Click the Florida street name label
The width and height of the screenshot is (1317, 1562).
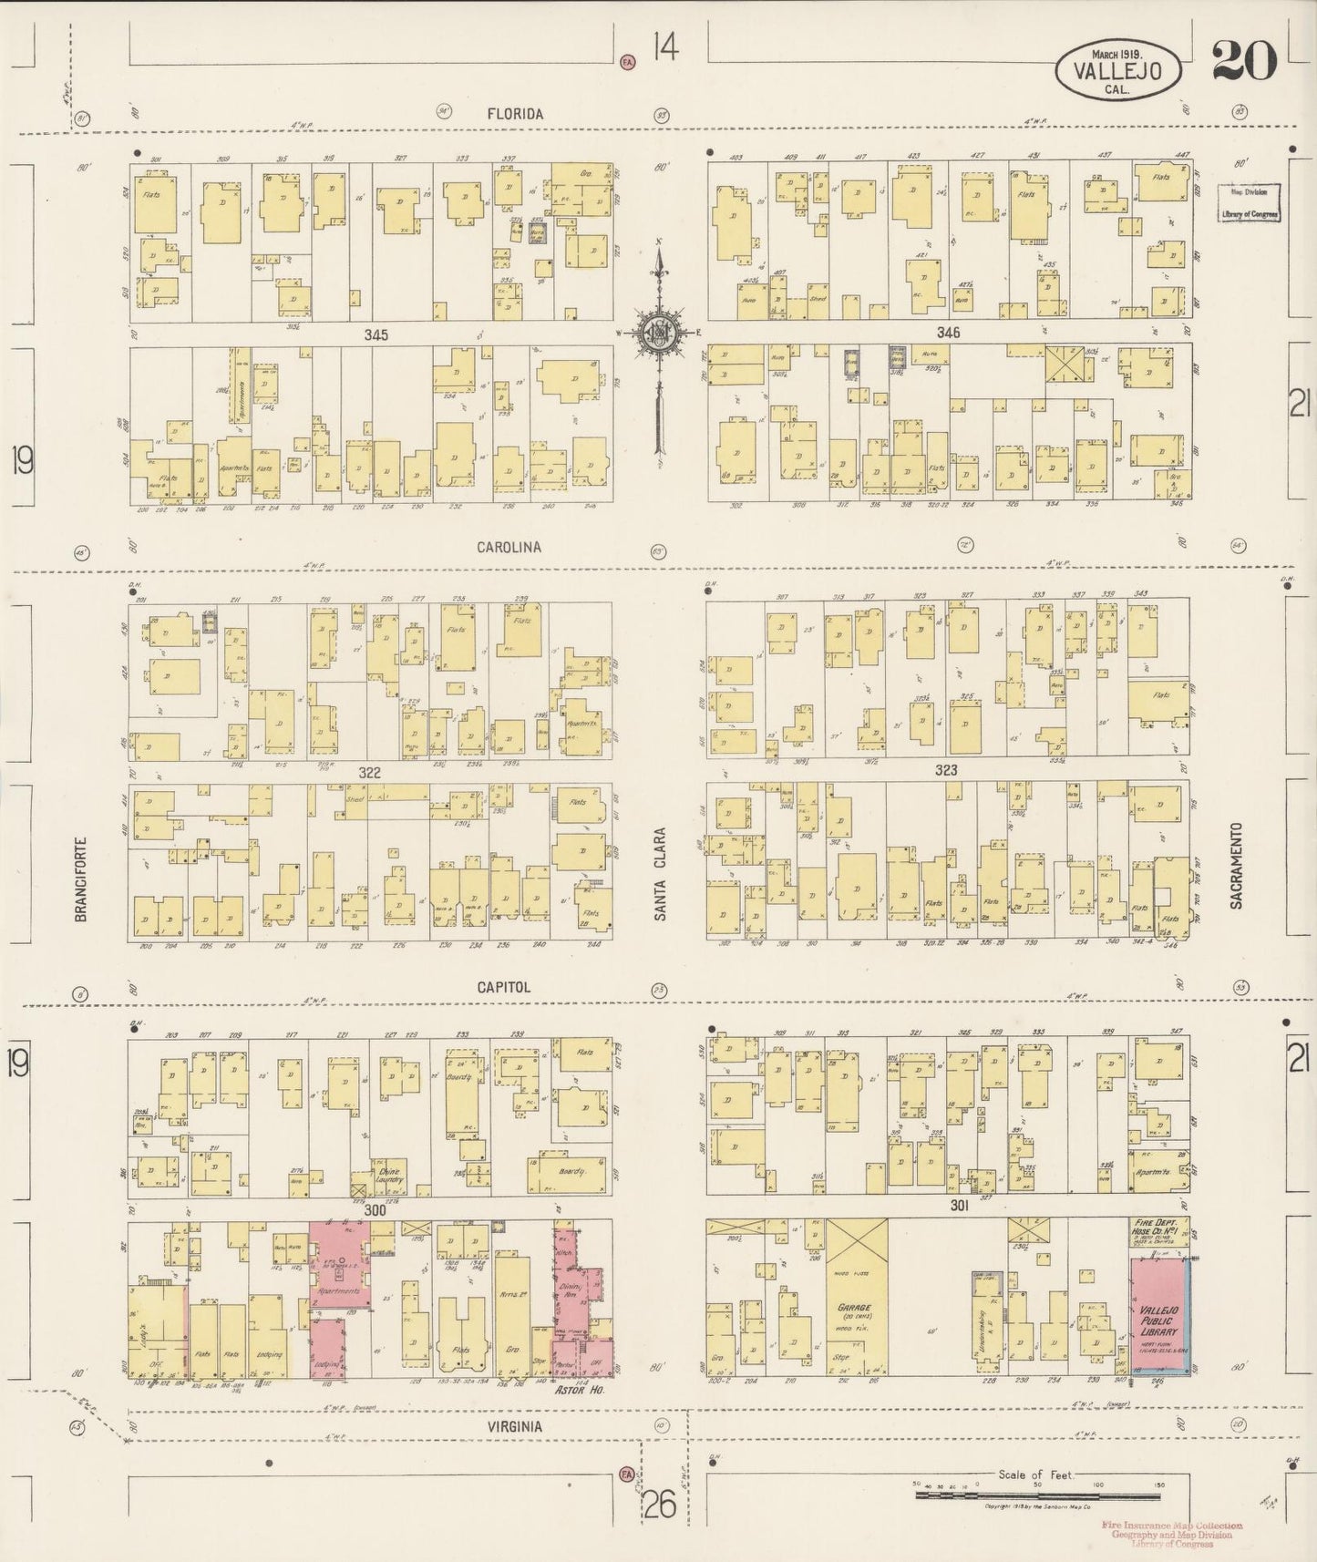tap(515, 114)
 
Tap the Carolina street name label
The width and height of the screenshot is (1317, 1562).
tap(509, 548)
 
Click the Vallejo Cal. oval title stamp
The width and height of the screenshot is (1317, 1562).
tap(1118, 66)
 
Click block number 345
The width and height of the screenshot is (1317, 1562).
tap(376, 335)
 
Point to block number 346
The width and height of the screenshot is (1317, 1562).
tap(948, 334)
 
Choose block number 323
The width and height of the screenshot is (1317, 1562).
tap(946, 771)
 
